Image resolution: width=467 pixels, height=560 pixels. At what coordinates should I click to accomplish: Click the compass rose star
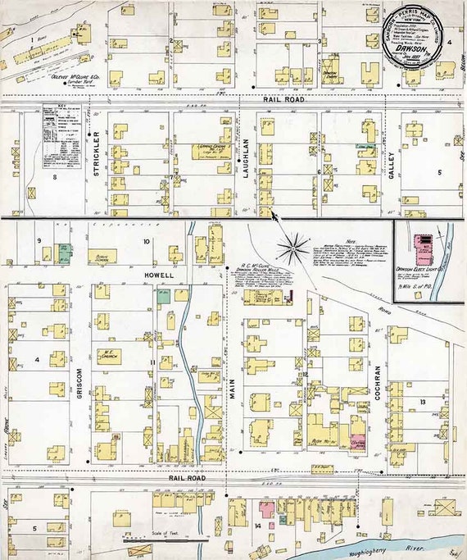(293, 244)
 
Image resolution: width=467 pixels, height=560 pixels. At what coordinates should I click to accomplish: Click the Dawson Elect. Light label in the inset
(421, 268)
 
